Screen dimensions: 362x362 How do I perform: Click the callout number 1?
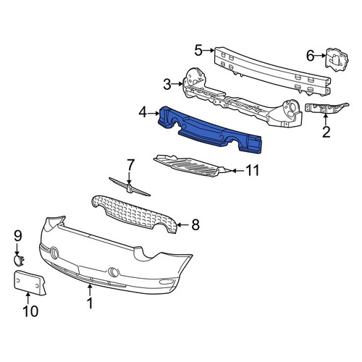coord(90,303)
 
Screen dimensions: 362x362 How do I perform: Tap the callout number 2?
coord(326,132)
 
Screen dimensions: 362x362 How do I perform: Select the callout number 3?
coord(167,85)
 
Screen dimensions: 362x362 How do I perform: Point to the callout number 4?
coord(143,113)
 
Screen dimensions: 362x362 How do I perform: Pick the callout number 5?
coord(198,51)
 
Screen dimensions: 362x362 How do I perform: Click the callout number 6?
coord(311,56)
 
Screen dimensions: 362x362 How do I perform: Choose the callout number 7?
coord(130,165)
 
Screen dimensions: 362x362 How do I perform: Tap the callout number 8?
coord(195,224)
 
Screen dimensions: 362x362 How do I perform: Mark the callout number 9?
coord(18,236)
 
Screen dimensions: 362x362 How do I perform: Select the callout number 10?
coord(30,311)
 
